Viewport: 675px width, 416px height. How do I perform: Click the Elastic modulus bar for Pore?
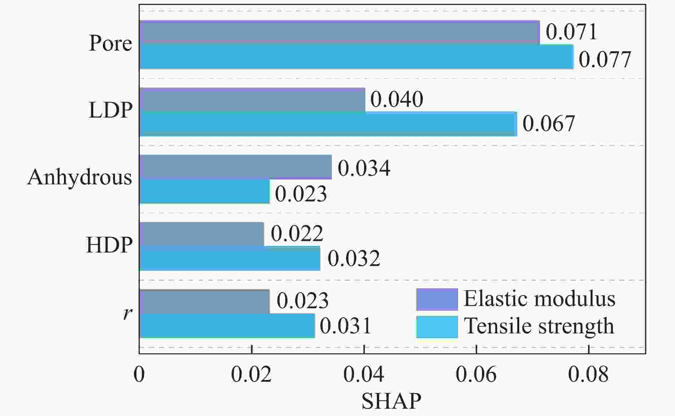pos(339,33)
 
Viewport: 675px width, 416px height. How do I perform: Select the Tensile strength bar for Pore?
pos(356,57)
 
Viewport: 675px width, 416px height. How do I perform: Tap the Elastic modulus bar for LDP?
pos(252,100)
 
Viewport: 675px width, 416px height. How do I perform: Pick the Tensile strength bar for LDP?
pos(328,124)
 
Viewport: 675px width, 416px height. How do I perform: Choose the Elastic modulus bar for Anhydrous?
pos(235,167)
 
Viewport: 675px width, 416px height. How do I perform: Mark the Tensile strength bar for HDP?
pos(229,258)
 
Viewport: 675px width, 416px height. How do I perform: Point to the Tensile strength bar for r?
pos(227,326)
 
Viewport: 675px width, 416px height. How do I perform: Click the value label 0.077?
pos(605,60)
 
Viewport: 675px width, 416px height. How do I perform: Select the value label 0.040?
pos(397,99)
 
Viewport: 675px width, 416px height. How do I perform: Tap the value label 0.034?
pos(364,168)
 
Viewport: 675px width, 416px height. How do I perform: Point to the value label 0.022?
pos(297,234)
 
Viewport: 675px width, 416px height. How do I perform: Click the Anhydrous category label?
pos(80,177)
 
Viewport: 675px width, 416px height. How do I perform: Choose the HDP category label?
pos(109,245)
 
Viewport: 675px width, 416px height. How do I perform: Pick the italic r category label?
pos(127,313)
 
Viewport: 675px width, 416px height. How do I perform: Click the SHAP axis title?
pos(391,402)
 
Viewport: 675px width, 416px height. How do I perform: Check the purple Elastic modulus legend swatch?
pos(437,299)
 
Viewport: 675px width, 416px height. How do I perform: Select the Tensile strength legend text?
pos(539,326)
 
